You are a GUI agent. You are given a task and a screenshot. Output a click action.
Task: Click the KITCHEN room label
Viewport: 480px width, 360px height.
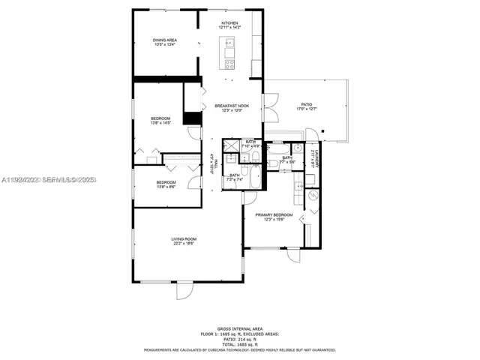pos(229,23)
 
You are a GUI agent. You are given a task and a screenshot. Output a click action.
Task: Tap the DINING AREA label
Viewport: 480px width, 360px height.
pos(165,40)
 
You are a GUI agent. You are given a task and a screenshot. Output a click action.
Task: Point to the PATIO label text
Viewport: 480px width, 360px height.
pos(307,105)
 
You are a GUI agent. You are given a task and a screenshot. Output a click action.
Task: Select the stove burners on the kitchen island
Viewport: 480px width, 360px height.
pos(228,64)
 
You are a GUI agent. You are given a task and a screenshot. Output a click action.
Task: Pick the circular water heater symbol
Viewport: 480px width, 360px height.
pos(313,195)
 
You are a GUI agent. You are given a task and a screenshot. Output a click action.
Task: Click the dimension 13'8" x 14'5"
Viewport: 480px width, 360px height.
pos(161,124)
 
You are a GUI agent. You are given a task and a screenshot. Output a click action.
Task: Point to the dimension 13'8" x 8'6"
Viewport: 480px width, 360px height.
pos(166,187)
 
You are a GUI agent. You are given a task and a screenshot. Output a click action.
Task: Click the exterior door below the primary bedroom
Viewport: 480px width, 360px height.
pos(292,255)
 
